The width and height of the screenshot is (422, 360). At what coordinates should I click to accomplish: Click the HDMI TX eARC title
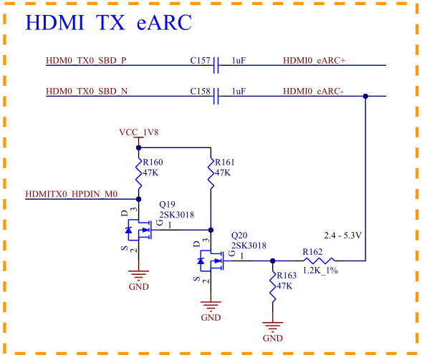(x=108, y=22)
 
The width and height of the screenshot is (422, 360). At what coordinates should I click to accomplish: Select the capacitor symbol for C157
(x=216, y=65)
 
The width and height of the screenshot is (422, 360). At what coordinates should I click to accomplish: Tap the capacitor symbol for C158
(x=216, y=96)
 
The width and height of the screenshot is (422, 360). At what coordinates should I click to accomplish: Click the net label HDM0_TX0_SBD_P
(x=86, y=61)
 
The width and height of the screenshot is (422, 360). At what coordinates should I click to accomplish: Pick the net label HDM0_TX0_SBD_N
(x=87, y=92)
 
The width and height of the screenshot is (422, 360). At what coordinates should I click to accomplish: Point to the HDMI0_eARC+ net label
(x=314, y=61)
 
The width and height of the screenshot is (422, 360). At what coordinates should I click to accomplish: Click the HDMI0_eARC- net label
(x=313, y=92)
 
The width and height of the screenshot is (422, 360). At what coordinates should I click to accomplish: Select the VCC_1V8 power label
(x=139, y=132)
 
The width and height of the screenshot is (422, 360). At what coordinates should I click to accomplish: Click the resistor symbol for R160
(x=138, y=173)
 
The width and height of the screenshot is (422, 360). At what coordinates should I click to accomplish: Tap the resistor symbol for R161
(x=211, y=173)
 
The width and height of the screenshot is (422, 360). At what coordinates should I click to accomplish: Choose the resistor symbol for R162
(x=319, y=261)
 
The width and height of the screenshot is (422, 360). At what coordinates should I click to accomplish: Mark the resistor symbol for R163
(x=273, y=286)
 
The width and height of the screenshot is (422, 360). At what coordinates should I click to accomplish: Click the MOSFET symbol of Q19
(x=138, y=230)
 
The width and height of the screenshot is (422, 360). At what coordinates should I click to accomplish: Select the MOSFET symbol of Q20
(x=211, y=261)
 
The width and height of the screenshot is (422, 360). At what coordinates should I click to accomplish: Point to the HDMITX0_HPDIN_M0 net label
(x=72, y=194)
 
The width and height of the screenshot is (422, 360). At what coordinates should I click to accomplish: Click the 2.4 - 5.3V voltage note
(x=343, y=235)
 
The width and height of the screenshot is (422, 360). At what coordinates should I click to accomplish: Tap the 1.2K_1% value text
(x=320, y=271)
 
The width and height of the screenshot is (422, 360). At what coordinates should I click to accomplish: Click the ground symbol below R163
(x=273, y=326)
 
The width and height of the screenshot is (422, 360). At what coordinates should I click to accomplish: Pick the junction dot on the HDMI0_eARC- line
(x=365, y=96)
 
